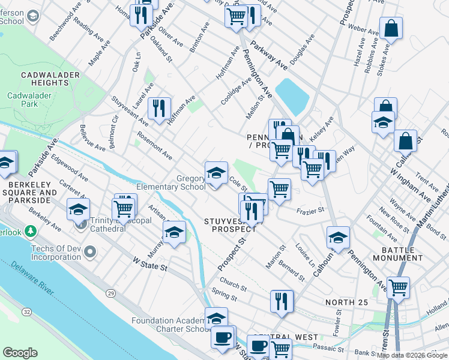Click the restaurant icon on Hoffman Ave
158,109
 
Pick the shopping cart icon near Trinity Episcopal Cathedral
124,208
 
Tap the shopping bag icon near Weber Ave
391,28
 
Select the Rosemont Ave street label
154,146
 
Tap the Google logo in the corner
20,352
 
